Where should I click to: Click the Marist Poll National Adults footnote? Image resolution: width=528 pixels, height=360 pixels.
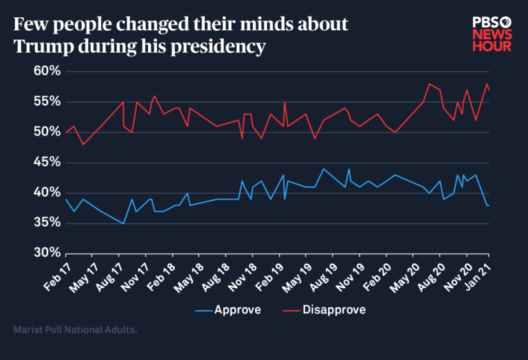(75, 330)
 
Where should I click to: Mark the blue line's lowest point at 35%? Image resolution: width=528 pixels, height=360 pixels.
(124, 223)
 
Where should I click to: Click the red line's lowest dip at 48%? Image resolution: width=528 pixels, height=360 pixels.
(83, 144)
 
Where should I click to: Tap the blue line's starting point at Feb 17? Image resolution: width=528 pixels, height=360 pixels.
(66, 199)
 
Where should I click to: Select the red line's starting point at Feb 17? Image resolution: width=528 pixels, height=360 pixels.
(66, 132)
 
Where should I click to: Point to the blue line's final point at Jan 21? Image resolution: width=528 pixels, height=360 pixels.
(488, 205)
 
